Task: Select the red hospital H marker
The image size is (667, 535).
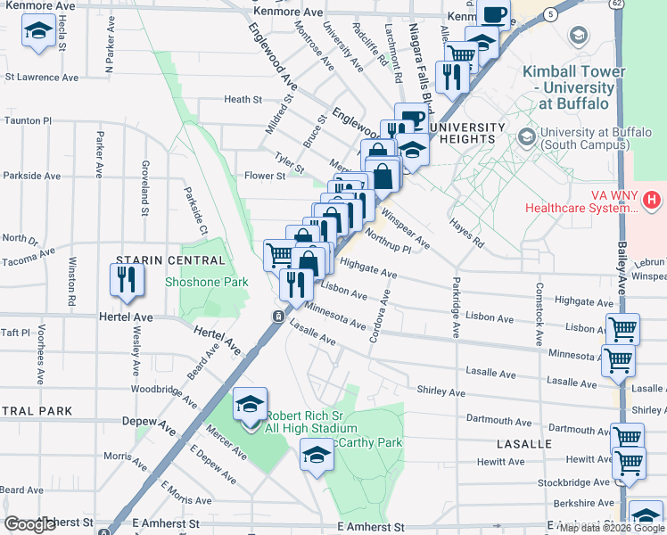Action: click(653, 198)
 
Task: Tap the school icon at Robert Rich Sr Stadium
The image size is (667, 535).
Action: click(249, 404)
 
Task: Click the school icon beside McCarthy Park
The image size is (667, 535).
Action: click(317, 455)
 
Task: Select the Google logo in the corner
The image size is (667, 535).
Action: click(29, 524)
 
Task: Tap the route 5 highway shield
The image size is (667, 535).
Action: click(553, 14)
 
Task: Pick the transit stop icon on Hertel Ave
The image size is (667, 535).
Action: click(279, 317)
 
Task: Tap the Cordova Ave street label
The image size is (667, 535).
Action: click(380, 322)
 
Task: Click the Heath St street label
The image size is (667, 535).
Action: click(243, 100)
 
